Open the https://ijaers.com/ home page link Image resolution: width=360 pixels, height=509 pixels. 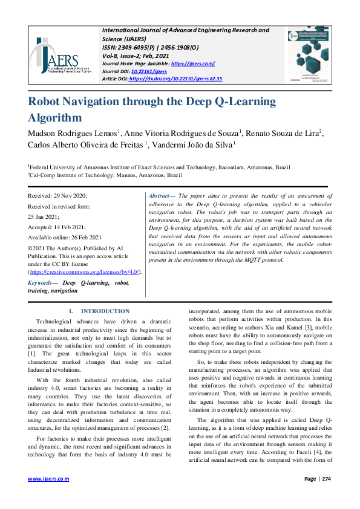tap(192, 63)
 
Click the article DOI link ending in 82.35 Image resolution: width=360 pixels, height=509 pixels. tap(175, 79)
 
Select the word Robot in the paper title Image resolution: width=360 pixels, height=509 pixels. tap(48, 102)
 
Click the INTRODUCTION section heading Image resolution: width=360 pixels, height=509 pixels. tap(105, 311)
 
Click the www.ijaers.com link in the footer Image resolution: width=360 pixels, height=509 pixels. tap(48, 479)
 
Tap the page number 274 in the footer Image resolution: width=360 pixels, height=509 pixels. tap(326, 479)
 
